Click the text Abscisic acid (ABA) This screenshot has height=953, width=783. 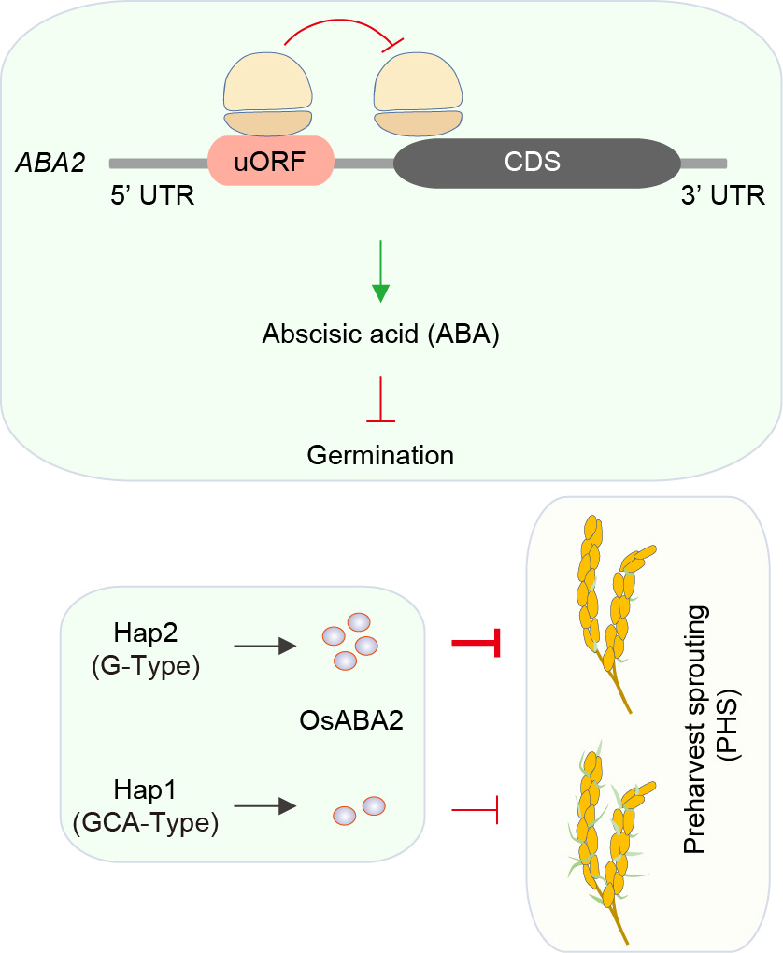click(380, 334)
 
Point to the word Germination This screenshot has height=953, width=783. click(380, 455)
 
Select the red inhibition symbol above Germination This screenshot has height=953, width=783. click(380, 402)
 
